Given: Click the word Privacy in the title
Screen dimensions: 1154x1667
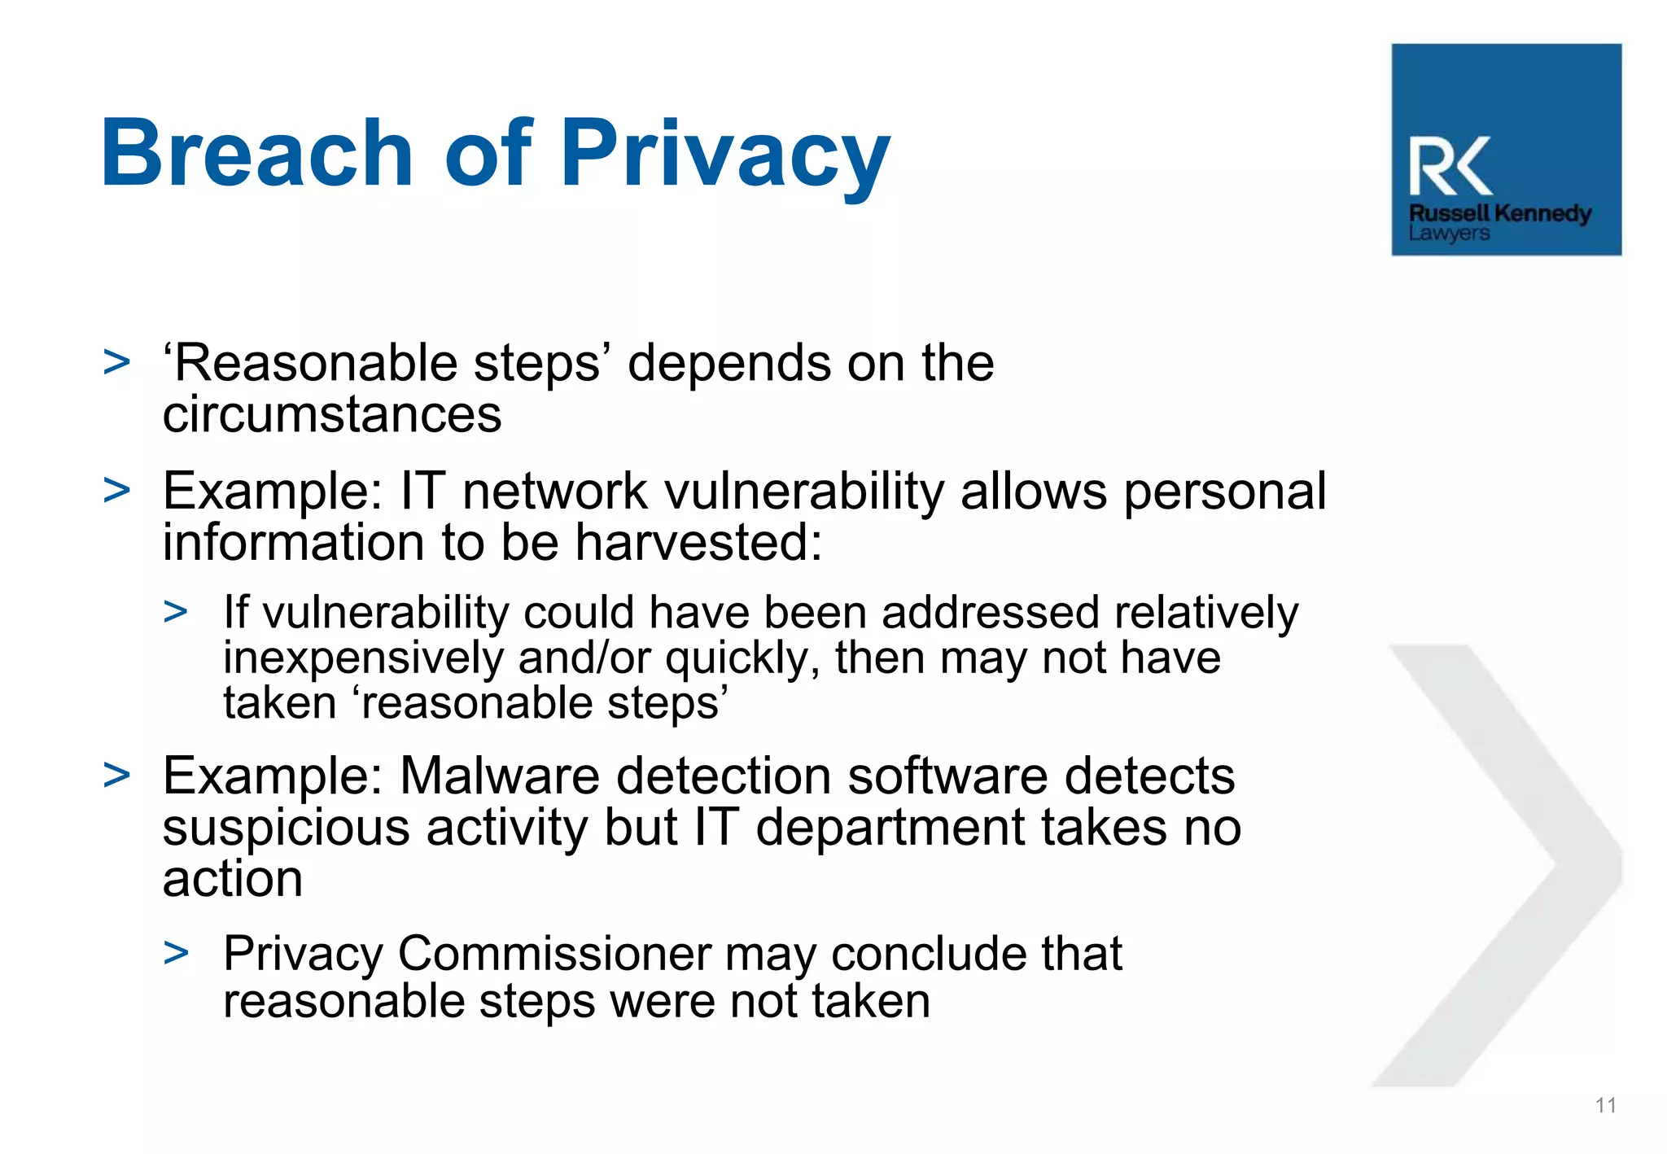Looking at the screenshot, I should pyautogui.click(x=725, y=155).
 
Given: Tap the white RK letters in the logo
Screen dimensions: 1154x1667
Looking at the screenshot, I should pyautogui.click(x=1450, y=167).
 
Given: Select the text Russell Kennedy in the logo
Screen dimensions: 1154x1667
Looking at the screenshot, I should pyautogui.click(x=1499, y=213).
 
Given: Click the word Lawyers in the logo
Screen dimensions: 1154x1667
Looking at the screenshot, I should pyautogui.click(x=1449, y=234).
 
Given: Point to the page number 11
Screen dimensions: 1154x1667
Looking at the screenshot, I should pyautogui.click(x=1605, y=1105).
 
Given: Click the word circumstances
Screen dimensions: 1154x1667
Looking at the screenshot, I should pyautogui.click(x=332, y=414).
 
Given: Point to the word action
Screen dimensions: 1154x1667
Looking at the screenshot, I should pyautogui.click(x=233, y=879).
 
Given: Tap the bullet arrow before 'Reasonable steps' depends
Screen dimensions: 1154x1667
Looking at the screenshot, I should pyautogui.click(x=117, y=362).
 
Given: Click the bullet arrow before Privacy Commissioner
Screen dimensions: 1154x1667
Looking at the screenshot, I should pyautogui.click(x=176, y=952).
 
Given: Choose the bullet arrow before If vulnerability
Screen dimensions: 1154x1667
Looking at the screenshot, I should pyautogui.click(x=176, y=611).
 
